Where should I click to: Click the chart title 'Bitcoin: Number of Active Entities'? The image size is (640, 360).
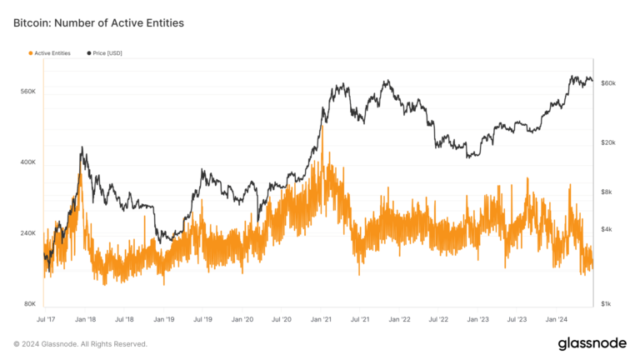point(98,23)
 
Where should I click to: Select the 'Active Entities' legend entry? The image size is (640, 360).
point(52,53)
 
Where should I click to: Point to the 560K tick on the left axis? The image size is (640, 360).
point(27,91)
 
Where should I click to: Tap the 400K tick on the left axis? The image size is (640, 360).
point(27,162)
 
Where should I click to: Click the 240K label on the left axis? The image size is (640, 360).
point(27,233)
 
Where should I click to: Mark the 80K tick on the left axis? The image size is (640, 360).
point(29,304)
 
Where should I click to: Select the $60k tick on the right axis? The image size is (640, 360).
point(608,83)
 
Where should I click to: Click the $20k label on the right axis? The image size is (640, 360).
point(608,142)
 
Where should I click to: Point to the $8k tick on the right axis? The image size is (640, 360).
point(607,192)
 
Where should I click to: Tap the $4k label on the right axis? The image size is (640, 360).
point(607,229)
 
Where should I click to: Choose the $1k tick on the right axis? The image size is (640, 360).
point(607,304)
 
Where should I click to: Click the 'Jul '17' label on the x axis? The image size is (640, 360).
point(47,319)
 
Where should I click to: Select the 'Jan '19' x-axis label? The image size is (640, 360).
point(164,319)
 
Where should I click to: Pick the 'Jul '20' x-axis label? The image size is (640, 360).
point(282,319)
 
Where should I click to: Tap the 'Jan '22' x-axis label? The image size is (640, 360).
point(400,319)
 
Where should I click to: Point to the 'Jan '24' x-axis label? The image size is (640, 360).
point(557,319)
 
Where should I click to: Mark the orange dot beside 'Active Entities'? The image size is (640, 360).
point(31,53)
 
